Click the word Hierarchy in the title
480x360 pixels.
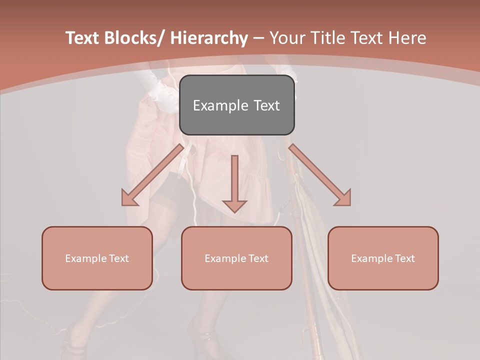(x=209, y=38)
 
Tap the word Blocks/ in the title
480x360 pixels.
(x=132, y=38)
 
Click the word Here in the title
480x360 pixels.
(x=407, y=38)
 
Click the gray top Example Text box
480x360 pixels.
(x=236, y=105)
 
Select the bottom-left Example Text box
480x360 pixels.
(x=97, y=258)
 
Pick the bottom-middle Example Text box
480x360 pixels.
(x=236, y=258)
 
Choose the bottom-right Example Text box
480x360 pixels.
(x=383, y=258)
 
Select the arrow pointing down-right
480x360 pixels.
(x=320, y=175)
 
